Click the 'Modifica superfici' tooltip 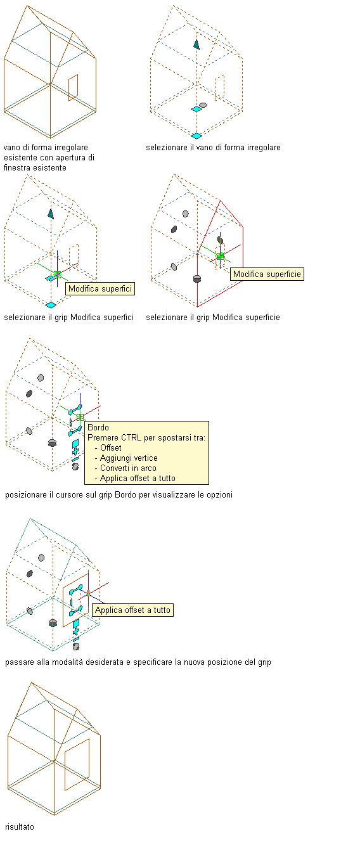100,288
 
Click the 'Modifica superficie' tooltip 267,274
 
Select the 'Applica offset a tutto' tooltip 132,610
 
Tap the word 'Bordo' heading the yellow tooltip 98,427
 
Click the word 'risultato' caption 20,827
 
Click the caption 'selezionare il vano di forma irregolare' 214,148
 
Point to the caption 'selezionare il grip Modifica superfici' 69,318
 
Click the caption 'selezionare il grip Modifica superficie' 213,318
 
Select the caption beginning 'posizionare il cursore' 119,495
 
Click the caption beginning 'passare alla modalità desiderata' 138,662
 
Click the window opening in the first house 73,87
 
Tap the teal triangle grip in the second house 196,44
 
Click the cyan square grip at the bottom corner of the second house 196,136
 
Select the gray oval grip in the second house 203,105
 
